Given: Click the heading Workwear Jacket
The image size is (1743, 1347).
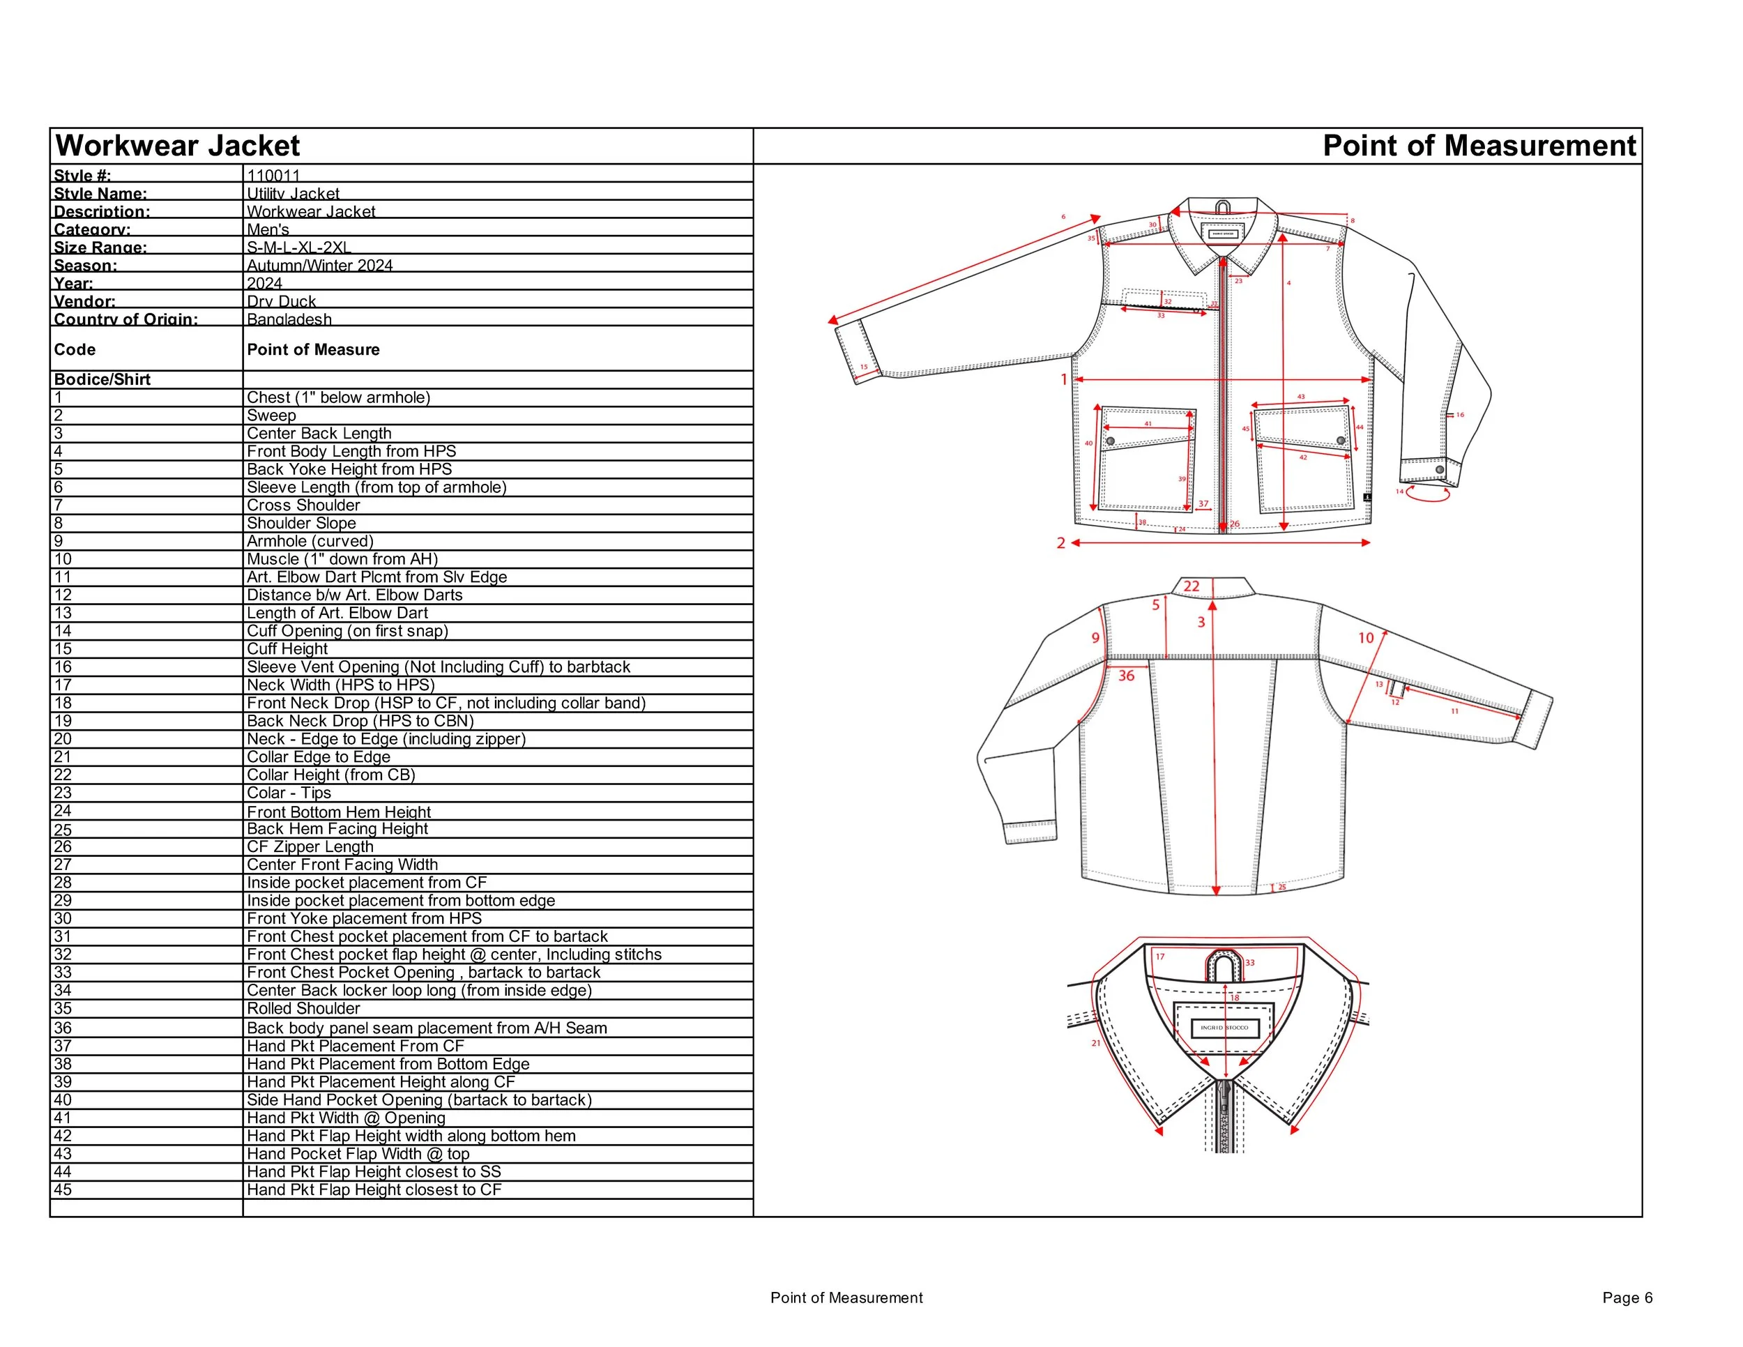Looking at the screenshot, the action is (177, 146).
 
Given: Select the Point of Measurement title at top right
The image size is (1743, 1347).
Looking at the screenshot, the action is (1479, 146).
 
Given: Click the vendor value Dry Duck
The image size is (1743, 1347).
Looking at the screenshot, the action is (281, 300).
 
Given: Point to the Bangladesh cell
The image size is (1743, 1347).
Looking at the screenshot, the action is (289, 319).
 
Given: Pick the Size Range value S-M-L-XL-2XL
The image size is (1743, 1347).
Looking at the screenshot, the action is (298, 248).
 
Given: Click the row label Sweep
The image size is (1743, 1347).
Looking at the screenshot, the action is (271, 415).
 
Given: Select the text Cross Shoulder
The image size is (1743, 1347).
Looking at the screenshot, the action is (303, 505).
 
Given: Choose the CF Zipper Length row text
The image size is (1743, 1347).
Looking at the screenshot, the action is (310, 846).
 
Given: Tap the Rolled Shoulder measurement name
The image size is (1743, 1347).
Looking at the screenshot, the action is (303, 1009).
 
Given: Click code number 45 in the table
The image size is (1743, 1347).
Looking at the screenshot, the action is (62, 1190).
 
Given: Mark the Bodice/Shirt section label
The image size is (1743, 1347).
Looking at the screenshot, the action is (102, 380).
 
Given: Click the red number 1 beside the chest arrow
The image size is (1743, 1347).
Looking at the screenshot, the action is (1063, 380).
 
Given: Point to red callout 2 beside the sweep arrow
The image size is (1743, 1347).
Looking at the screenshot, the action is (1060, 543).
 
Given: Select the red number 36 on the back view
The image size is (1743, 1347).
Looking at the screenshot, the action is (1126, 676).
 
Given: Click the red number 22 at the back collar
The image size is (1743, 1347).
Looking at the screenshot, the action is (1192, 586).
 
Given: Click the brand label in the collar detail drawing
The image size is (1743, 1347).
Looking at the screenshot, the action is (1224, 1028).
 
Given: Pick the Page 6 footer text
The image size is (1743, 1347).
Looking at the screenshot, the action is (1627, 1298).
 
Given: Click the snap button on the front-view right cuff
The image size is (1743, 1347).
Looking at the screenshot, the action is (1440, 470).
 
